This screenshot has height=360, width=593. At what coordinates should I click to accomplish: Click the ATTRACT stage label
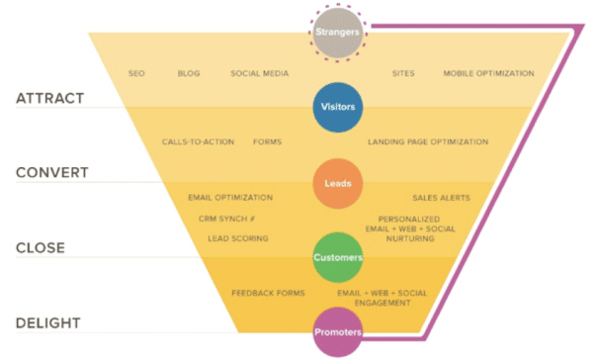pyautogui.click(x=49, y=99)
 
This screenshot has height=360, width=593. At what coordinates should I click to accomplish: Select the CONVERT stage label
pyautogui.click(x=52, y=172)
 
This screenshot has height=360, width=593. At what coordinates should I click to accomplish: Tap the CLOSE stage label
pyautogui.click(x=41, y=247)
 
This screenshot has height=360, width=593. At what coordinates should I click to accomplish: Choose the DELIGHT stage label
pyautogui.click(x=48, y=322)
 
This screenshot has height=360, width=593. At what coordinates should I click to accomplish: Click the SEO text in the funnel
pyautogui.click(x=137, y=73)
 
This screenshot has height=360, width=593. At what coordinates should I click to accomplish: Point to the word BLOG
pyautogui.click(x=189, y=73)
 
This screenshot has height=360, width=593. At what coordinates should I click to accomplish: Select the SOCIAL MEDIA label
pyautogui.click(x=258, y=73)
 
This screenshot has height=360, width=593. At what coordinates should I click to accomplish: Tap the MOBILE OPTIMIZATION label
pyautogui.click(x=488, y=73)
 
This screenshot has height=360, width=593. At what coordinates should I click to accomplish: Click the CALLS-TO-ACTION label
pyautogui.click(x=198, y=141)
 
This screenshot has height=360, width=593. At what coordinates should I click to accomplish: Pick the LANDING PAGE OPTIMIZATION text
pyautogui.click(x=428, y=141)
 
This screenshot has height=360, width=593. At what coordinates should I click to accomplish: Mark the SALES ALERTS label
pyautogui.click(x=441, y=198)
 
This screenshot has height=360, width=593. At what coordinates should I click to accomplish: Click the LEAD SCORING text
pyautogui.click(x=237, y=238)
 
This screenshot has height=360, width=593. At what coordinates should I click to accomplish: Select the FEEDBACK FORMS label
pyautogui.click(x=268, y=293)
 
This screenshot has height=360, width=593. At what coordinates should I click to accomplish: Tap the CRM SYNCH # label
pyautogui.click(x=227, y=218)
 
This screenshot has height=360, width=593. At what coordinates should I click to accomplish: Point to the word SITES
pyautogui.click(x=403, y=73)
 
